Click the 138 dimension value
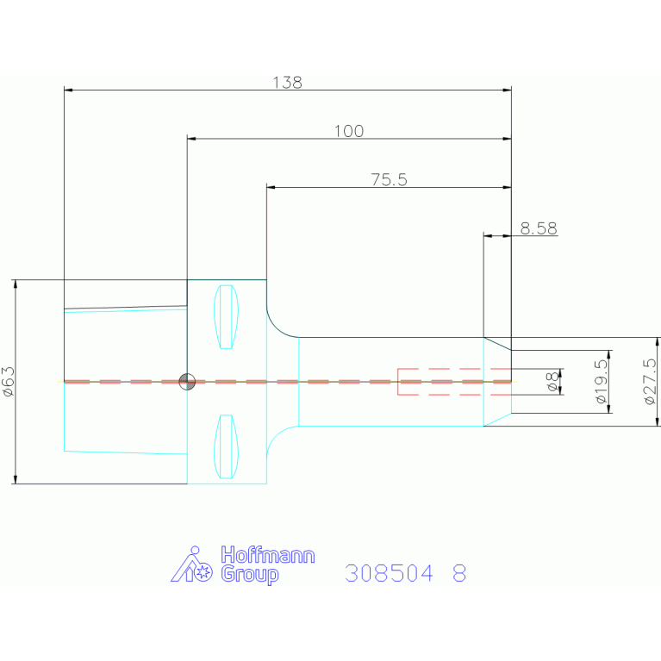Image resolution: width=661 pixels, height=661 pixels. point(288,82)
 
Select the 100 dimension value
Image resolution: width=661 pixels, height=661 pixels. point(349,131)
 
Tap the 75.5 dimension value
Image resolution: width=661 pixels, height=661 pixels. point(389,179)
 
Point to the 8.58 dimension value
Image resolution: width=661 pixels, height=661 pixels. point(539,228)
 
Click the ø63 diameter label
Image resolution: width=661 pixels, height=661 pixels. point(9,381)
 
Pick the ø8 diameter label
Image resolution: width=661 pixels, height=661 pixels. point(552,382)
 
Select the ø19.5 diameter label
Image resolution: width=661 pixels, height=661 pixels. point(602,381)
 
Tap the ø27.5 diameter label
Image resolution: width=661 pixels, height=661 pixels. point(651,381)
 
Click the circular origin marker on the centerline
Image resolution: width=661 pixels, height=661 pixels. point(187,382)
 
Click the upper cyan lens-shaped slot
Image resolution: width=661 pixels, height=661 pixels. point(226,317)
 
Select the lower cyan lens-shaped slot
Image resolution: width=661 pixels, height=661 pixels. point(226,446)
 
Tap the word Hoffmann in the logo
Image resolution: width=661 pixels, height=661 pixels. point(268,555)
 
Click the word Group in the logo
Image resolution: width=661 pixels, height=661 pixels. point(250,575)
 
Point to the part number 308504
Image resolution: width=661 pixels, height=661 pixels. point(389,573)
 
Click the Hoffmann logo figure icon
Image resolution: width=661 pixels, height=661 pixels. point(192,564)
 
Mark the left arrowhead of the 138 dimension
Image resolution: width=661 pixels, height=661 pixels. point(68,90)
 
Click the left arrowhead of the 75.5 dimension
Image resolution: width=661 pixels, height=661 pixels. point(271,187)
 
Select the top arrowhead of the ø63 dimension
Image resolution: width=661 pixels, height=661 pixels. point(16,284)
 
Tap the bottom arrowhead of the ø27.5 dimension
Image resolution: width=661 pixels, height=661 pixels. point(658,421)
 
